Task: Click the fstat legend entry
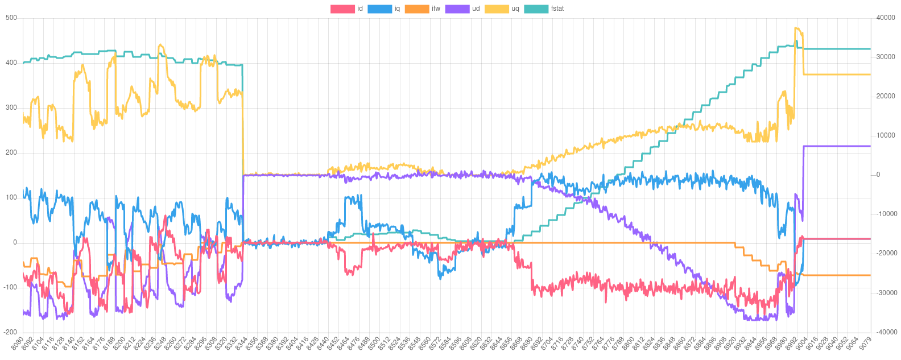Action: pos(543,9)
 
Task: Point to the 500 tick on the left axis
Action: pos(11,18)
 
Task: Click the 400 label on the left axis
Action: pos(11,63)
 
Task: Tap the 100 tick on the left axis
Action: pos(11,197)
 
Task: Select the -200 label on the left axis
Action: pos(10,332)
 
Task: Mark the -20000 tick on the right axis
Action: pos(885,253)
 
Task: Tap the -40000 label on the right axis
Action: pos(885,332)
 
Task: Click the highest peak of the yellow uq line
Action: pos(796,28)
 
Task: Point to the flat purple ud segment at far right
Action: pos(836,146)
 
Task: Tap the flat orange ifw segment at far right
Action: pos(836,275)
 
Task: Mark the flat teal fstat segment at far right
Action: pos(836,49)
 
